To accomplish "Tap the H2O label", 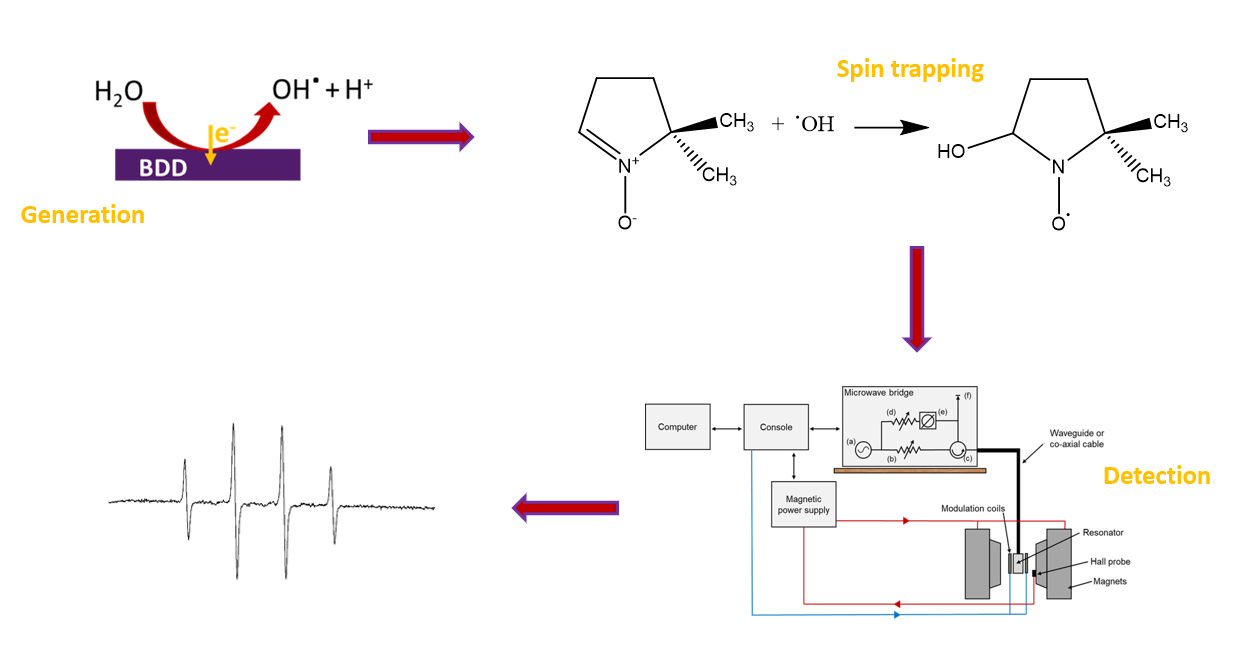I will (118, 93).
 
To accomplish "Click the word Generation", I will (83, 215).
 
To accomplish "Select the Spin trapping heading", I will (910, 69).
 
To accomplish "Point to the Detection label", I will (1156, 476).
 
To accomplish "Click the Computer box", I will (677, 427).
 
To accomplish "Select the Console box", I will (775, 427).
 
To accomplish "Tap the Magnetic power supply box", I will (804, 505).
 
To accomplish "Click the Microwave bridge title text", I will (879, 393).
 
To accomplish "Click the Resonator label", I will (1103, 533).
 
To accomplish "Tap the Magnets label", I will (1109, 581).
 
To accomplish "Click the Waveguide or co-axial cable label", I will (1076, 438).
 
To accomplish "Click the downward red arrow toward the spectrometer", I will (917, 297).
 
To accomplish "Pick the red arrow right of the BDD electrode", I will (420, 137).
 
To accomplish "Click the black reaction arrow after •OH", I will (889, 127).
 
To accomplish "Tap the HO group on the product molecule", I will (951, 152).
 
